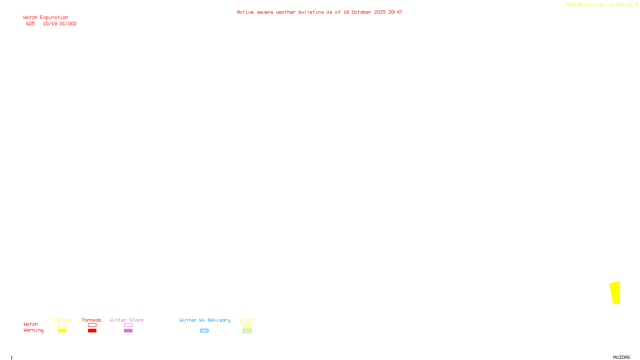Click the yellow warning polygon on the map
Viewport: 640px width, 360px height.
pos(615,293)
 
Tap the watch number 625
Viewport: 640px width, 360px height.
pos(30,24)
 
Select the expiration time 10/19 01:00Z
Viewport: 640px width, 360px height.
pos(60,24)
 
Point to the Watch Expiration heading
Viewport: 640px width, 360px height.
pos(46,18)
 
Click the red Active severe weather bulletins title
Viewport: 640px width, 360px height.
pos(319,12)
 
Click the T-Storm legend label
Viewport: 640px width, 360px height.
pos(62,320)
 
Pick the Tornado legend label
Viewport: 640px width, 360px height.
pos(92,320)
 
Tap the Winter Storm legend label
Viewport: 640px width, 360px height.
pos(126,320)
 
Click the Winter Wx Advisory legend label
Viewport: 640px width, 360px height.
pos(205,320)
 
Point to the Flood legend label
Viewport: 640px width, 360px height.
pos(247,320)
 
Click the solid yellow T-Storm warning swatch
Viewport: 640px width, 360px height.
pos(62,331)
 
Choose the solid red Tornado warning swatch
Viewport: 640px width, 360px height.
pos(92,331)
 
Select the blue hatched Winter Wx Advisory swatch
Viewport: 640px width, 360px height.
pos(204,331)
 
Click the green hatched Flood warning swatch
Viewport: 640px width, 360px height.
pos(247,331)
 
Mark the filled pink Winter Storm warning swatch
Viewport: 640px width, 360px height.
pos(128,331)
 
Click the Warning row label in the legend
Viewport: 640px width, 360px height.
pos(33,330)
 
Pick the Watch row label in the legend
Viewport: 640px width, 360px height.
pos(30,324)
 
